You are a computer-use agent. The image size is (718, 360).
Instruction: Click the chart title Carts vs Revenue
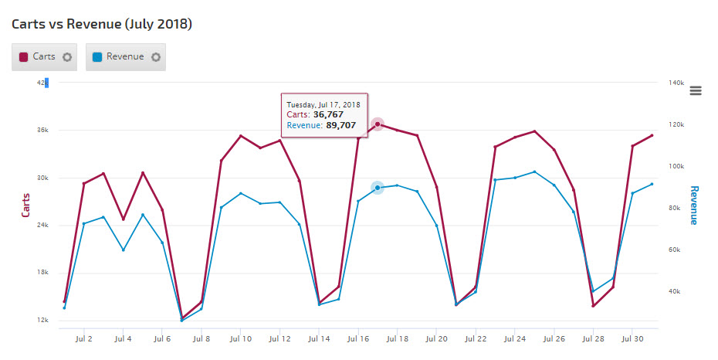pyautogui.click(x=102, y=24)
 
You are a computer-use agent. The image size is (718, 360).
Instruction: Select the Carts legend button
pyautogui.click(x=39, y=56)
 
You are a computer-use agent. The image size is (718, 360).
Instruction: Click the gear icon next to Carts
pyautogui.click(x=67, y=57)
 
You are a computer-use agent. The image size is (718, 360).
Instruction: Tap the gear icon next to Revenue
pyautogui.click(x=156, y=57)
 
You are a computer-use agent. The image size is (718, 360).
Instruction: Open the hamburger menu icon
pyautogui.click(x=695, y=90)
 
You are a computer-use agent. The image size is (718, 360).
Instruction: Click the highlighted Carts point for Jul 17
pyautogui.click(x=378, y=124)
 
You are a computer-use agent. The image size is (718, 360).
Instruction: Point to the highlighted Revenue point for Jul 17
pyautogui.click(x=378, y=188)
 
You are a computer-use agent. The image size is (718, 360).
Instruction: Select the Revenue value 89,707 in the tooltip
pyautogui.click(x=340, y=125)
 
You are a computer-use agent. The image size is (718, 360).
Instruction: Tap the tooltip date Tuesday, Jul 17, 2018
pyautogui.click(x=323, y=104)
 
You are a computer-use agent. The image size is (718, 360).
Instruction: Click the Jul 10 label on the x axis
pyautogui.click(x=241, y=338)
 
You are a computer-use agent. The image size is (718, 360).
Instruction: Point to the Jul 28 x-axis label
pyautogui.click(x=593, y=338)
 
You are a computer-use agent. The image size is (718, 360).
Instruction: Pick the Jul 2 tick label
pyautogui.click(x=84, y=338)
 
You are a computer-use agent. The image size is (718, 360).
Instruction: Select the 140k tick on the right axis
pyautogui.click(x=676, y=83)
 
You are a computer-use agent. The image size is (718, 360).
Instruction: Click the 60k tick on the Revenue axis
pyautogui.click(x=675, y=250)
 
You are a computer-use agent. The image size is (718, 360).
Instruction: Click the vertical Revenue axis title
pyautogui.click(x=693, y=205)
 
